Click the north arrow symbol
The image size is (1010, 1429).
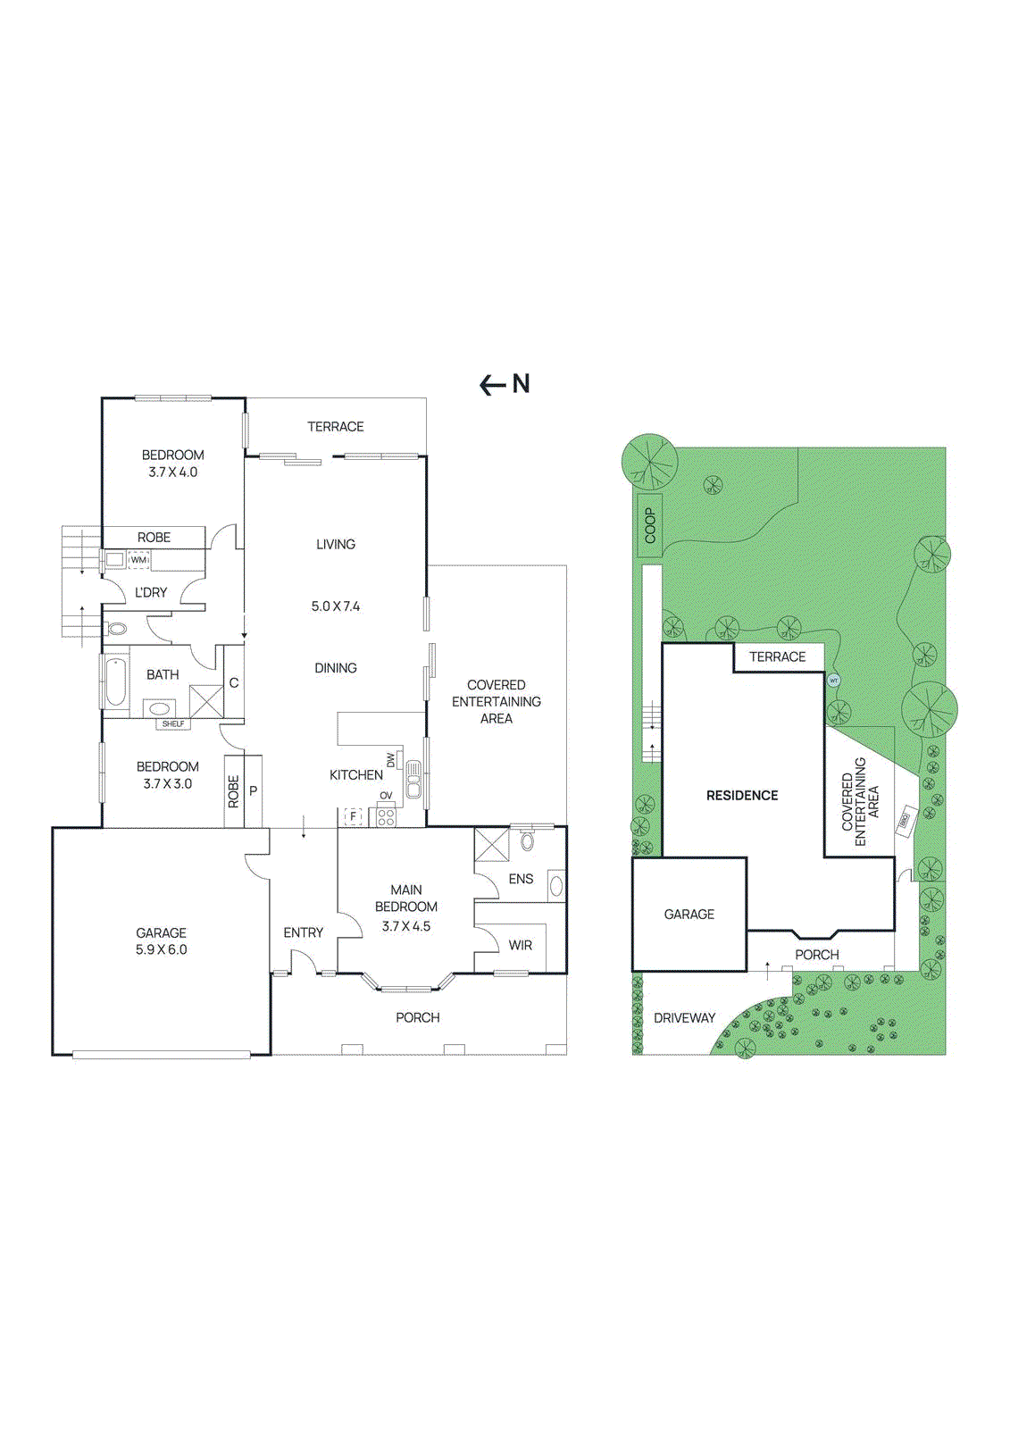tap(493, 385)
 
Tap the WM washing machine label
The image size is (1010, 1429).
tap(138, 560)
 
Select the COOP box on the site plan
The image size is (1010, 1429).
tap(650, 525)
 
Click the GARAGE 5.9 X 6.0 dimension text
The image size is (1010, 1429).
tap(162, 949)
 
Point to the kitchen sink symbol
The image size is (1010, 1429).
tap(413, 779)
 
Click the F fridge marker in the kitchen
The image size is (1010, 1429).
tap(354, 816)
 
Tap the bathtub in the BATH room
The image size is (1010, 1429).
tap(115, 681)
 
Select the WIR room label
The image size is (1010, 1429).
tap(521, 945)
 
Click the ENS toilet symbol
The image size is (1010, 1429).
tap(527, 841)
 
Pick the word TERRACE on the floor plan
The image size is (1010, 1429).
tap(335, 427)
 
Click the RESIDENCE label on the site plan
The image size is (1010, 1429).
tap(742, 795)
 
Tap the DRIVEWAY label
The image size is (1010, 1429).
tap(684, 1017)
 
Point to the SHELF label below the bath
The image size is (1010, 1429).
tap(173, 723)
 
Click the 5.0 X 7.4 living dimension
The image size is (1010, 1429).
tap(335, 606)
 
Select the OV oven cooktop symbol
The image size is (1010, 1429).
tap(386, 815)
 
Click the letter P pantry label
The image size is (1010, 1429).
tap(253, 790)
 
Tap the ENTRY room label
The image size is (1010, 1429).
tap(303, 932)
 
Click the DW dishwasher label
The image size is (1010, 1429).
tap(390, 760)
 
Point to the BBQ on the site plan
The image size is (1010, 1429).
tap(904, 819)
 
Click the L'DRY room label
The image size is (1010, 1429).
tap(151, 592)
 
